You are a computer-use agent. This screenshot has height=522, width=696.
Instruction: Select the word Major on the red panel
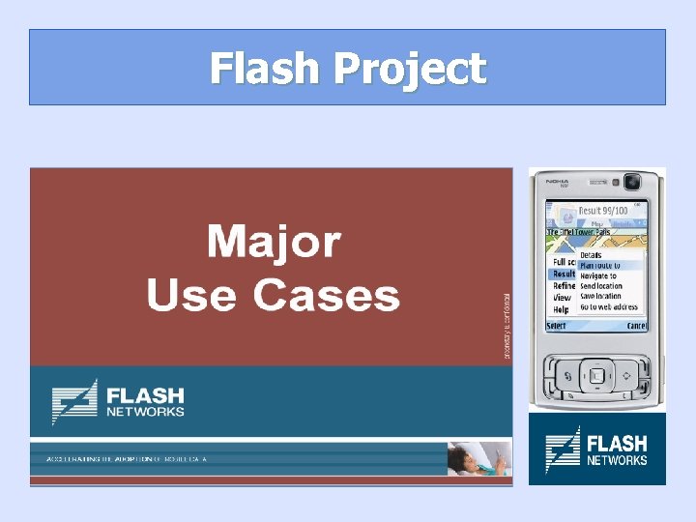pyautogui.click(x=274, y=242)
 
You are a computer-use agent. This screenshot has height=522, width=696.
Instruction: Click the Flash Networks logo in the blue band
pyautogui.click(x=118, y=401)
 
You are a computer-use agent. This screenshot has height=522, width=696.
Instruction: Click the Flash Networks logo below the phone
pyautogui.click(x=596, y=449)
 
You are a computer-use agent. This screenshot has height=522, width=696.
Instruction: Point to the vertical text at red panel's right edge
pyautogui.click(x=507, y=327)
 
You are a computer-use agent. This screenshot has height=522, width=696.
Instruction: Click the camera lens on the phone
pyautogui.click(x=631, y=181)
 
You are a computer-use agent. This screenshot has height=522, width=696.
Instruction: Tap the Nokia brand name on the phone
pyautogui.click(x=558, y=181)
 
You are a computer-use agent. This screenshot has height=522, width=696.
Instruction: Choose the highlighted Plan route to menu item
pyautogui.click(x=599, y=265)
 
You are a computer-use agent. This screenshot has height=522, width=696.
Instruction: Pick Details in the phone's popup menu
pyautogui.click(x=591, y=255)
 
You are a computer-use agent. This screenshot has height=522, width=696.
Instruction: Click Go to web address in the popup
pyautogui.click(x=608, y=307)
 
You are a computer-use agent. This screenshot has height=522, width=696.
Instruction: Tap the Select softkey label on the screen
pyautogui.click(x=557, y=326)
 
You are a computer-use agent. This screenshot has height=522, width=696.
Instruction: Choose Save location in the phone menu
pyautogui.click(x=600, y=297)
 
